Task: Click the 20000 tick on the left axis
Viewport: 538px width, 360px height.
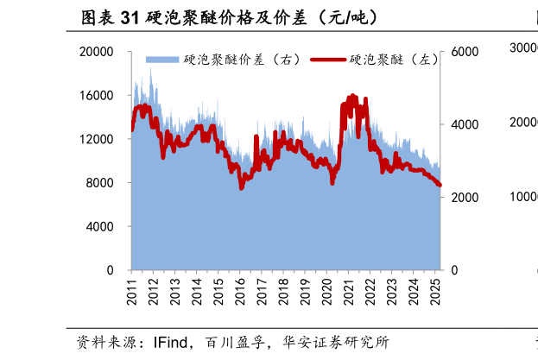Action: [97, 52]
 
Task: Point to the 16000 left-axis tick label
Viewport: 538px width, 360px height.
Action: [97, 96]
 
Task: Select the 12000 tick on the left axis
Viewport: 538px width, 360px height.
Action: [97, 139]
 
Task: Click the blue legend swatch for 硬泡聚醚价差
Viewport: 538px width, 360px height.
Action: [163, 60]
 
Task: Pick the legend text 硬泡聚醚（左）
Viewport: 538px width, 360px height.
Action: [392, 60]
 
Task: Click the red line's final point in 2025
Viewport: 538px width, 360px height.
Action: [440, 185]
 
